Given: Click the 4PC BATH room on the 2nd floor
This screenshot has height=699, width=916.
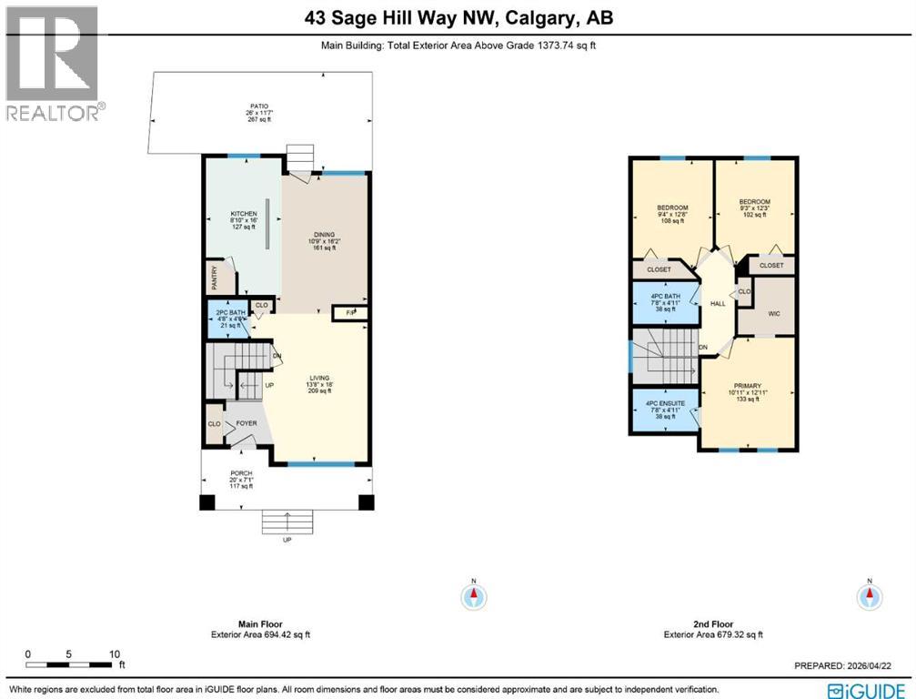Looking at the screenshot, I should point(665,301).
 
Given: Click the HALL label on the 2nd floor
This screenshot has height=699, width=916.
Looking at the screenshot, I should point(718,303).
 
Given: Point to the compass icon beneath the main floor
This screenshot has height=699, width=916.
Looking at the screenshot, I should point(473,597).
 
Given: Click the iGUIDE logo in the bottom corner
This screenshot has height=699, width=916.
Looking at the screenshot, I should point(869,688).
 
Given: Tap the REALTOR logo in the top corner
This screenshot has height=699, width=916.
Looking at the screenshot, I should point(53,63).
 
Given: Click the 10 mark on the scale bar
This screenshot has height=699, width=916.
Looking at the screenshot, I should point(114,654).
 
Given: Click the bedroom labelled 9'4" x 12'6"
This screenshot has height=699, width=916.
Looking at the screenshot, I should point(672,213).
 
